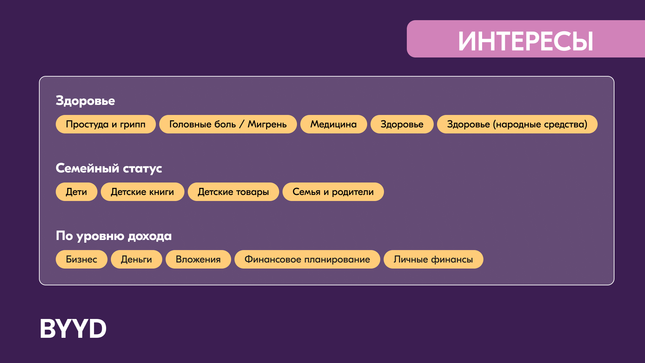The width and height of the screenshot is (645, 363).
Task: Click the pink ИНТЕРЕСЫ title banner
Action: pyautogui.click(x=526, y=39)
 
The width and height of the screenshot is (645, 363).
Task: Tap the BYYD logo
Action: pyautogui.click(x=73, y=328)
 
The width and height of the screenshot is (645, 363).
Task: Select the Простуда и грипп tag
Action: pyautogui.click(x=106, y=124)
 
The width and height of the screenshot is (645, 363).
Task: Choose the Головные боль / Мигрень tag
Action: pyautogui.click(x=228, y=124)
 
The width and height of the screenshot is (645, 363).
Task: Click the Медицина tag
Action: pyautogui.click(x=334, y=124)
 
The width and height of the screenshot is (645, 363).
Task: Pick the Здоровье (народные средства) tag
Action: pyautogui.click(x=517, y=124)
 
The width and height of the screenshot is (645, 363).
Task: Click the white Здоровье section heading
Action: pyautogui.click(x=85, y=101)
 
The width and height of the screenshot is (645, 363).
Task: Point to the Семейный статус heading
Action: pyautogui.click(x=109, y=168)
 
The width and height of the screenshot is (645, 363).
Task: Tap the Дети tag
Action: pyautogui.click(x=77, y=192)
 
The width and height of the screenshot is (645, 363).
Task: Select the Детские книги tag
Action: pyautogui.click(x=142, y=192)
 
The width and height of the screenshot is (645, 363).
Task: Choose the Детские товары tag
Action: pyautogui.click(x=233, y=192)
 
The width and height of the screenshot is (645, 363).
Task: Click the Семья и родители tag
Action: pyautogui.click(x=333, y=192)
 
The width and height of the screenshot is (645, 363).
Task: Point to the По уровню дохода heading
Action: pyautogui.click(x=114, y=236)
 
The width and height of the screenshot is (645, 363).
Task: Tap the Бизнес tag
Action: pyautogui.click(x=82, y=259)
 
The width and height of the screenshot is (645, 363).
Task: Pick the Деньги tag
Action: pyautogui.click(x=136, y=259)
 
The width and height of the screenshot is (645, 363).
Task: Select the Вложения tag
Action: pyautogui.click(x=198, y=259)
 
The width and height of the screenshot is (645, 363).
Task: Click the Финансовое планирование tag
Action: pyautogui.click(x=307, y=259)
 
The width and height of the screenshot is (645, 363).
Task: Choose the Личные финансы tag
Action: pyautogui.click(x=433, y=259)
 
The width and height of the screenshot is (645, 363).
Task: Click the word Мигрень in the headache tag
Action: pyautogui.click(x=267, y=125)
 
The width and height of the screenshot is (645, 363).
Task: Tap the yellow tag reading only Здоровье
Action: pyautogui.click(x=402, y=124)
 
